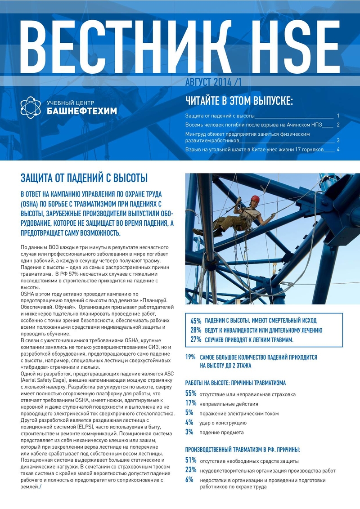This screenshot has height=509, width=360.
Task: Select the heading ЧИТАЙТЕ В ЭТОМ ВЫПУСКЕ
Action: pos(239,100)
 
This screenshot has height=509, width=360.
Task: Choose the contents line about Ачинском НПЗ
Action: pos(256,125)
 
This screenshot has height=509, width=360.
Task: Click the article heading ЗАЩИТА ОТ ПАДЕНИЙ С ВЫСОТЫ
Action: pos(84,178)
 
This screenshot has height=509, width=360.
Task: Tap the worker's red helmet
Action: pos(255,199)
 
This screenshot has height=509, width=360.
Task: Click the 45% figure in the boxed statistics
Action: pos(196,321)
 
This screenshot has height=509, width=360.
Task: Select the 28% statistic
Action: pos(196,330)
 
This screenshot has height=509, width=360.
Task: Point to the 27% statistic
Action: pos(196,339)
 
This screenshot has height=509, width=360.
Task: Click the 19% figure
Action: pos(190,357)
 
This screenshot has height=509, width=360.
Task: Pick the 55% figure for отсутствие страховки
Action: pos(191,394)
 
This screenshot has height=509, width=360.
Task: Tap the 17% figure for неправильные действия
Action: pos(191,403)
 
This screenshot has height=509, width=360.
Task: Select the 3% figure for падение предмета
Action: pos(189,432)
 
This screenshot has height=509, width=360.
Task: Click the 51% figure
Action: pos(191,460)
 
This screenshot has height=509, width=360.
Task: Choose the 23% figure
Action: pos(191,470)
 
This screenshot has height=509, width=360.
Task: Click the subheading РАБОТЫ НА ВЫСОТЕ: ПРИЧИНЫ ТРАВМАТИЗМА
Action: pos(235,383)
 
